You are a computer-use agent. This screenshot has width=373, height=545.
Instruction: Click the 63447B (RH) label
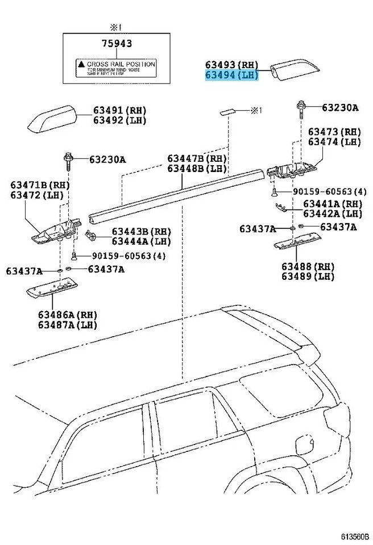(197, 158)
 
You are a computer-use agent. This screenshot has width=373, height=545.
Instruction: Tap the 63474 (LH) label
(334, 142)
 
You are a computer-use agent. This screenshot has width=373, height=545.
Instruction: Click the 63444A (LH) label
(140, 241)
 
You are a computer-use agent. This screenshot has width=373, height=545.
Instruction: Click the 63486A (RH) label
(67, 315)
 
